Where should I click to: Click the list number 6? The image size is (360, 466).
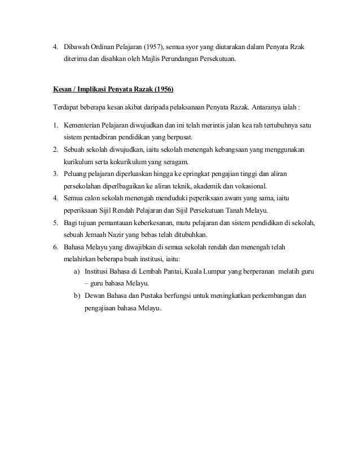click(x=55, y=247)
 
